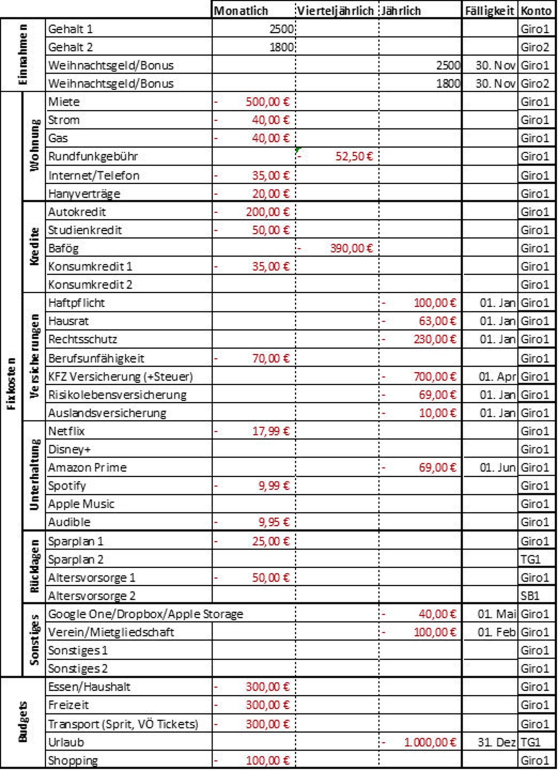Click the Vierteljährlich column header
pos(335,11)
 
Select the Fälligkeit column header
pos(489,11)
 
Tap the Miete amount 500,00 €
pos(267,102)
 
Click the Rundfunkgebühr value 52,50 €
pos(354,157)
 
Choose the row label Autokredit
pos(77,212)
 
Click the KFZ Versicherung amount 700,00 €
pos(435,377)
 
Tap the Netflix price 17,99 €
pos(270,431)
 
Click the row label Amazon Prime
pos(87,468)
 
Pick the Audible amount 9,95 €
pos(274,522)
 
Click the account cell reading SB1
pos(530,596)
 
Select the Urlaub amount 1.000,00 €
pos(430,743)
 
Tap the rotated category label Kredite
pos(34,247)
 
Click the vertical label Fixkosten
pos(11,383)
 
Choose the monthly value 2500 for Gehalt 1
pos(281,29)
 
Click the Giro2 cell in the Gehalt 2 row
pos(535,48)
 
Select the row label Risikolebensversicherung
pos(117,395)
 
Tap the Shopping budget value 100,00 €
pos(267,761)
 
